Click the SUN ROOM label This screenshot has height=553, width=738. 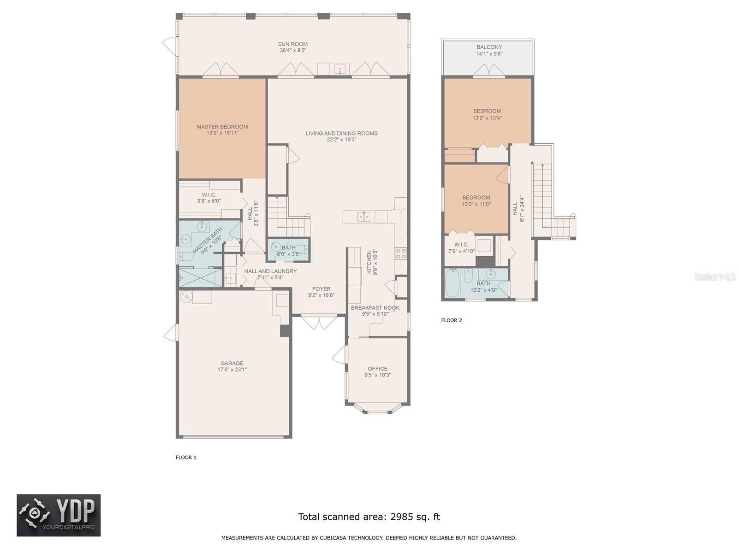[292, 44]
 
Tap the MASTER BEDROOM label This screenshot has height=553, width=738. [222, 127]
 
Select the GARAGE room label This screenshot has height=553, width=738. [232, 363]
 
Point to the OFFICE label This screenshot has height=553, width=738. [377, 369]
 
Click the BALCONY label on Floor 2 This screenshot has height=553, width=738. [489, 47]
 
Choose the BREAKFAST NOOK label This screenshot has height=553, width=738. [375, 307]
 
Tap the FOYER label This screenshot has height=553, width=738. [321, 289]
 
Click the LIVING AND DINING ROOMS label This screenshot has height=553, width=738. [341, 133]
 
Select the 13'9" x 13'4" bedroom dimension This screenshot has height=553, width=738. [487, 118]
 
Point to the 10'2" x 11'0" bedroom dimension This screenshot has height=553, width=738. [476, 204]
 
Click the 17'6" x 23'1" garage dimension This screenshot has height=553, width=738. [232, 370]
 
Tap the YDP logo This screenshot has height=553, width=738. [59, 515]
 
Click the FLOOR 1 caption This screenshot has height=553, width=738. [186, 457]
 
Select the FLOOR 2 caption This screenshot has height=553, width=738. [451, 320]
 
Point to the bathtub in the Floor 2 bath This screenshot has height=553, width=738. [452, 282]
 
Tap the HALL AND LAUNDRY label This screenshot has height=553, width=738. [270, 271]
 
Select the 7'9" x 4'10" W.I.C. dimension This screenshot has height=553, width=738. [461, 251]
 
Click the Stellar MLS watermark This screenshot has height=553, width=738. [715, 276]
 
